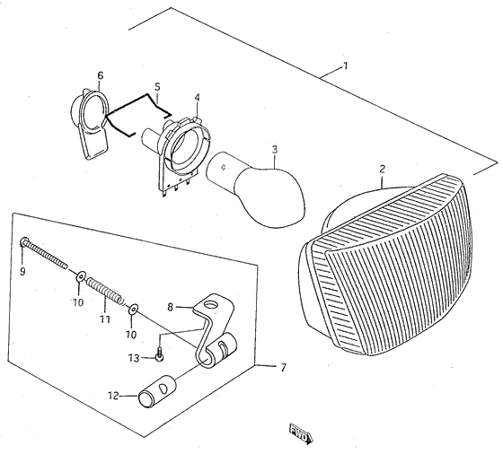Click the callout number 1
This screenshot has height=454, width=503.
346,66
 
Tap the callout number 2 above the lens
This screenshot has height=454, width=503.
382,169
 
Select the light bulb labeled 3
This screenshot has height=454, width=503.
257,189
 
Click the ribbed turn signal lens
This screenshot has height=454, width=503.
388,266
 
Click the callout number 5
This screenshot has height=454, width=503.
157,87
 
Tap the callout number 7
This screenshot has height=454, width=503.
283,368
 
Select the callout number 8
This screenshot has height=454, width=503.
170,307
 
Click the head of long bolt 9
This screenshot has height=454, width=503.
24,240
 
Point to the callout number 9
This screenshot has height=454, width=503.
22,272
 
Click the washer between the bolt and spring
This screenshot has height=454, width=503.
80,275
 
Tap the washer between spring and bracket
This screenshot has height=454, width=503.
133,309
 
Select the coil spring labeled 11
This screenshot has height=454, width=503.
105,291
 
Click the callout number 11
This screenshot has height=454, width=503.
104,319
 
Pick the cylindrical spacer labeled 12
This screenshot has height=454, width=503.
157,391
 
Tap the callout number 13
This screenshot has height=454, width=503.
134,358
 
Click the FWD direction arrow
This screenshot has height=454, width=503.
301,433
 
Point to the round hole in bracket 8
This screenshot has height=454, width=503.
211,304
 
